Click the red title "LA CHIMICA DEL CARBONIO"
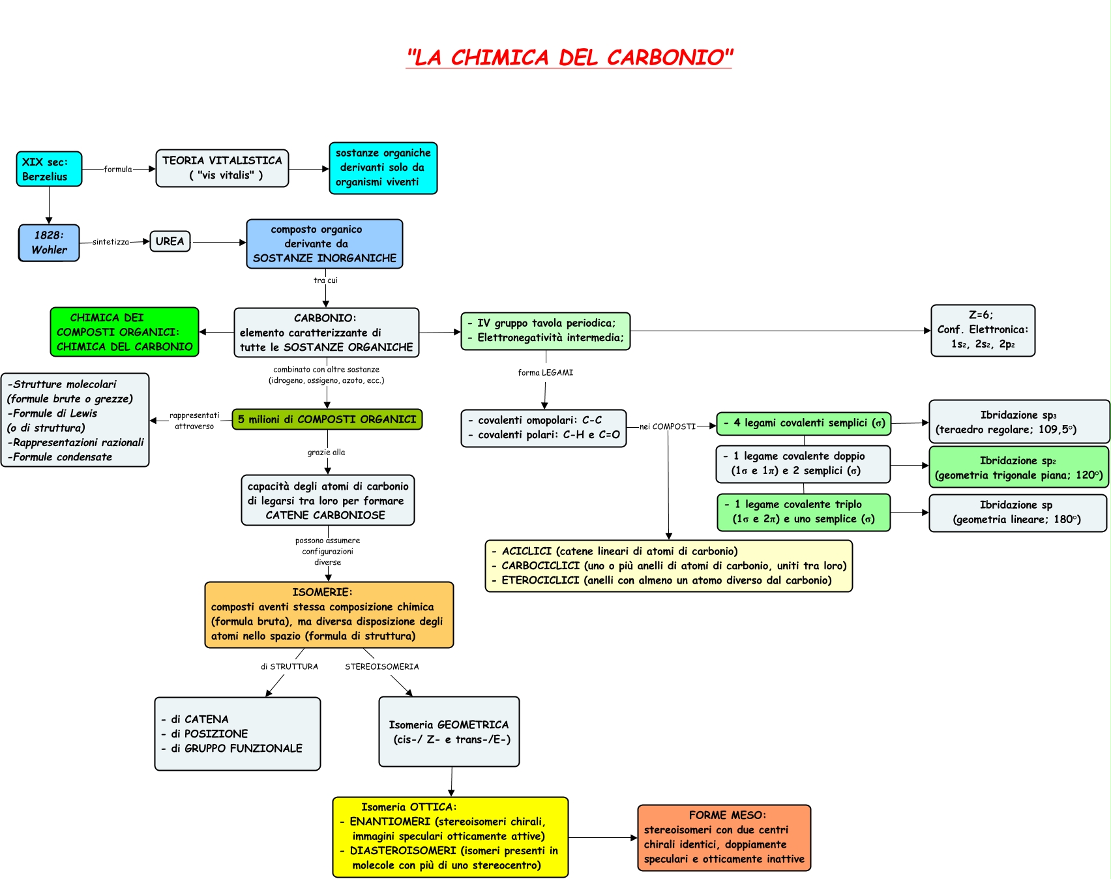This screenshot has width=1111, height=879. (569, 57)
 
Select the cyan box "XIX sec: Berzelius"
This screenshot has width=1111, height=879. (49, 169)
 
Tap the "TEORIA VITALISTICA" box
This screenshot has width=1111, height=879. (222, 168)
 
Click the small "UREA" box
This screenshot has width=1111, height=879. (170, 241)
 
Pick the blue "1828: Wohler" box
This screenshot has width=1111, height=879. (49, 243)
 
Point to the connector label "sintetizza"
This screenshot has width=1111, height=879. (111, 242)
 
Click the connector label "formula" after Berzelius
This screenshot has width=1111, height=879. (118, 169)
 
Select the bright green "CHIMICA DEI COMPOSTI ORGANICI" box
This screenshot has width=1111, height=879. (125, 332)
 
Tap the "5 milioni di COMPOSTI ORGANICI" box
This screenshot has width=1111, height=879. (327, 419)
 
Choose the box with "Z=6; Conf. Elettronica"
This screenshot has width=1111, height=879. (983, 331)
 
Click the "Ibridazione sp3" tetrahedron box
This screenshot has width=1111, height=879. (1018, 422)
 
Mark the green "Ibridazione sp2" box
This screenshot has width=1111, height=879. (1018, 468)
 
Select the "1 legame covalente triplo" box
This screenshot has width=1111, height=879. (803, 512)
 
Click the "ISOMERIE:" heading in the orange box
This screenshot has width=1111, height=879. (322, 592)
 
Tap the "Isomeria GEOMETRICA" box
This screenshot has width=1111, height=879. (449, 732)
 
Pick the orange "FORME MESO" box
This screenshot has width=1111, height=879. (724, 837)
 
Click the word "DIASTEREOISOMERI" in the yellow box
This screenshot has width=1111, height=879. (403, 850)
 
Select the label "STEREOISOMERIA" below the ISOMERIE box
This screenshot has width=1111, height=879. (382, 666)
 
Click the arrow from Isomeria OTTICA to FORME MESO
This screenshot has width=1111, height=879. (602, 838)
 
